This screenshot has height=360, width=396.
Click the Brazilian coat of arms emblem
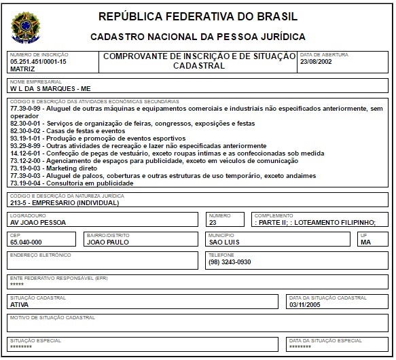tap(26, 26)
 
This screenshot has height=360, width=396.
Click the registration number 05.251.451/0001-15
tap(38, 62)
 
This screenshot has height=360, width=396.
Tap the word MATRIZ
tap(22, 69)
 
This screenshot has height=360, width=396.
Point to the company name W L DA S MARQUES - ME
tap(50, 88)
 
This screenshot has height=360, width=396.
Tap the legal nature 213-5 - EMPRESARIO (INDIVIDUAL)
tap(65, 202)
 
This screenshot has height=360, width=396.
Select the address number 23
tap(213, 222)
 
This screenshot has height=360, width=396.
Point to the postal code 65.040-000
tap(26, 242)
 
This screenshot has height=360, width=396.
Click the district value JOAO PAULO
tap(108, 242)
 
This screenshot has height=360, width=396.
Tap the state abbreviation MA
tap(365, 242)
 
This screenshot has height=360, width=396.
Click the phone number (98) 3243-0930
tap(230, 262)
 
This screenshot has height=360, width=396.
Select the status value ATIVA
tap(20, 304)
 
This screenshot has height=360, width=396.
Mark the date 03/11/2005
tap(304, 304)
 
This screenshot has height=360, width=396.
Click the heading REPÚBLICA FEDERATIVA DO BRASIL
tap(197, 16)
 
